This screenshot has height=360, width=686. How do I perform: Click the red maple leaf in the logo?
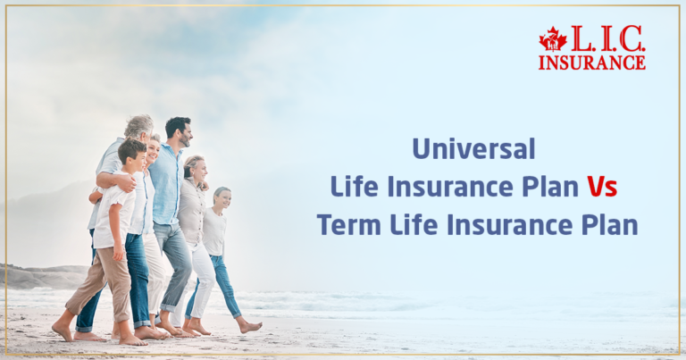coord(553,39)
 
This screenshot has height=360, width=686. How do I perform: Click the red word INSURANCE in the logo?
coord(591,62)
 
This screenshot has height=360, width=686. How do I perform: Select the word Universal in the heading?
coord(473,147)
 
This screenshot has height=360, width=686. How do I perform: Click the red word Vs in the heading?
coord(601,187)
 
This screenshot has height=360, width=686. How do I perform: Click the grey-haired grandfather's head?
coord(139,129)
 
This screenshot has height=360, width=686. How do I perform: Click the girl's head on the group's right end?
coord(221,197)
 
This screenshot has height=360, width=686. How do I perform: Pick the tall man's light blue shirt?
coord(167,183)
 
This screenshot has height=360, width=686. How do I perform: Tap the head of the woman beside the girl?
coord(193,170)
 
